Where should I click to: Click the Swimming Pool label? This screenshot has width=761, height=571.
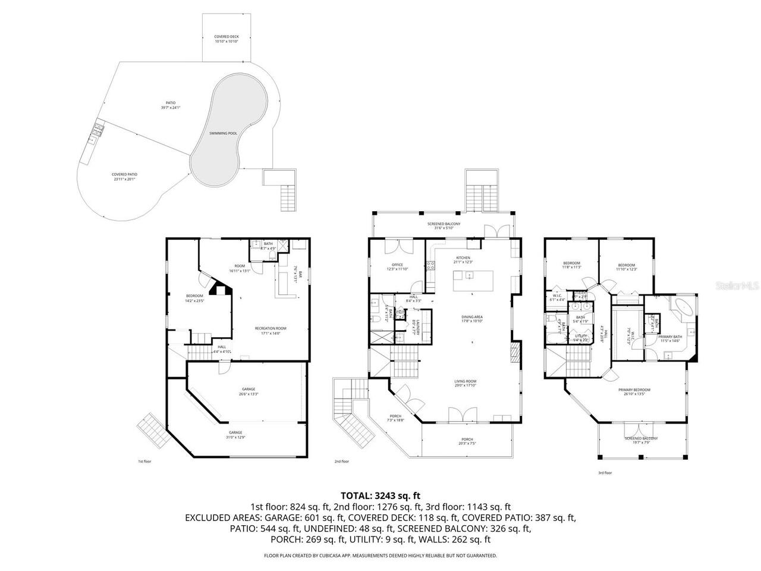tap(223, 133)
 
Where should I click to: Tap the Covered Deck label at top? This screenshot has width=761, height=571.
tap(226, 39)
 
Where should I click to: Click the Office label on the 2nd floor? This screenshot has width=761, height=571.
tap(397, 267)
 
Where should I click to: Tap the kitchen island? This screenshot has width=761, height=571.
tap(476, 281)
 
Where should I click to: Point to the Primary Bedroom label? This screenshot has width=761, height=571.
tap(634, 392)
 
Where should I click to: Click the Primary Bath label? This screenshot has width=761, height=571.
tap(670, 339)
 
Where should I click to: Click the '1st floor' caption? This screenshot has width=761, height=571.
tap(144, 461)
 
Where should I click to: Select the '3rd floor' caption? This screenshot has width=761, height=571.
tap(605, 473)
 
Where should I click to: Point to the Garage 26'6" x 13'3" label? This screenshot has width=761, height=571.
tap(249, 391)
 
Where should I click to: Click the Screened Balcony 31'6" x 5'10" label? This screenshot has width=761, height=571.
tap(444, 225)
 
